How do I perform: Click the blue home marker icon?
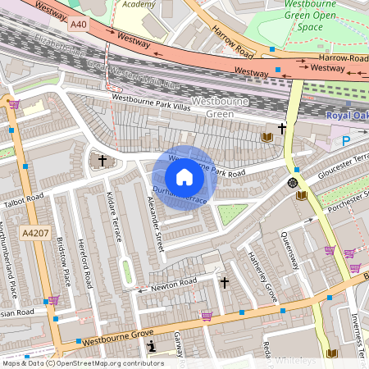184,177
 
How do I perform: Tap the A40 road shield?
79,25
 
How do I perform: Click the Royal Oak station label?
347,116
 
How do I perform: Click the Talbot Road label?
23,199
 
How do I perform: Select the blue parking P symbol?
345,141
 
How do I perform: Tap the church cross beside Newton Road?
225,283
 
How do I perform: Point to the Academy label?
139,4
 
